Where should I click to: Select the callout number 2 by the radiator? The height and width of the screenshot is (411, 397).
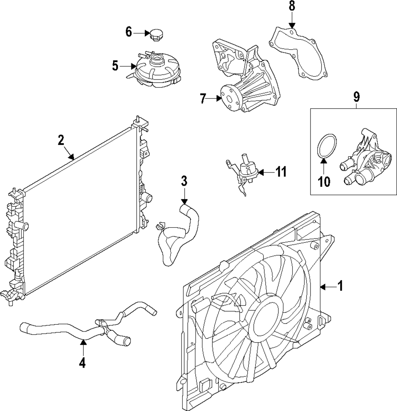click(61, 140)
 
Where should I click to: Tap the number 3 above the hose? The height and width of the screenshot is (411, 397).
click(184, 181)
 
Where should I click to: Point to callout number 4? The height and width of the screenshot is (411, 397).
click(82, 363)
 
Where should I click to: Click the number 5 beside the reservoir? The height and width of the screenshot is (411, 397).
click(115, 66)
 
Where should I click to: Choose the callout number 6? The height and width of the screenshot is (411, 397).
click(128, 32)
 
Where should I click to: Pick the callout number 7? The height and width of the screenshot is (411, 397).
click(203, 98)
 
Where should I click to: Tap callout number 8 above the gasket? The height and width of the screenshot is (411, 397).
click(292, 6)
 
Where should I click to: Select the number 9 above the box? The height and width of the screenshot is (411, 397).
click(356, 96)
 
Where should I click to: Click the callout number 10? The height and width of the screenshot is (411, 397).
click(324, 181)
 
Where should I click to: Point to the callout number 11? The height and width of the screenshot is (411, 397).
click(281, 172)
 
